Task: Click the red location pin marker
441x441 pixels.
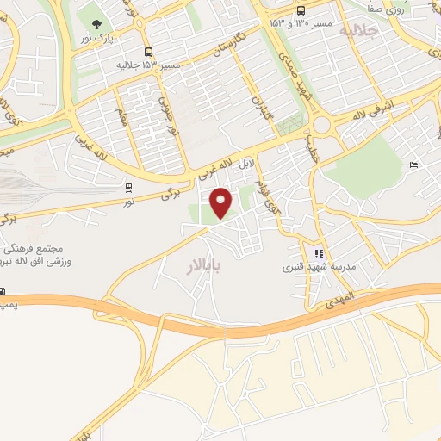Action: coord(222,202)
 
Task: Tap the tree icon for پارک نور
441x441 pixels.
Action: coord(96,23)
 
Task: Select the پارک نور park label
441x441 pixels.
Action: coord(98,39)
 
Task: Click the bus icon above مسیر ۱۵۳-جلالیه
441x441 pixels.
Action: coord(148,52)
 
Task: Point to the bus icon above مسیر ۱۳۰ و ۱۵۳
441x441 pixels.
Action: coord(301,10)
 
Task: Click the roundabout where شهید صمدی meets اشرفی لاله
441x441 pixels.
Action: coord(322,127)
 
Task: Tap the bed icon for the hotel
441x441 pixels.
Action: coord(413,165)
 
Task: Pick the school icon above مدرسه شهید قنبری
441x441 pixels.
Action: coord(319,253)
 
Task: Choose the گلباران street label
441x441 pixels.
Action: coord(262,111)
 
